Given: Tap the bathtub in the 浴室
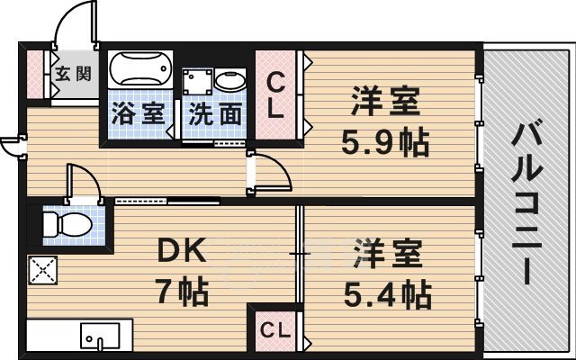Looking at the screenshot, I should (x=140, y=69).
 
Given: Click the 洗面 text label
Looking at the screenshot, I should (x=215, y=114).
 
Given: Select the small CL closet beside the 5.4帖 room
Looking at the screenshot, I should (x=274, y=330).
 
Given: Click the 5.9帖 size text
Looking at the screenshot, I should (x=383, y=141).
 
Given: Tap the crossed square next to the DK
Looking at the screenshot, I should (x=41, y=270).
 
